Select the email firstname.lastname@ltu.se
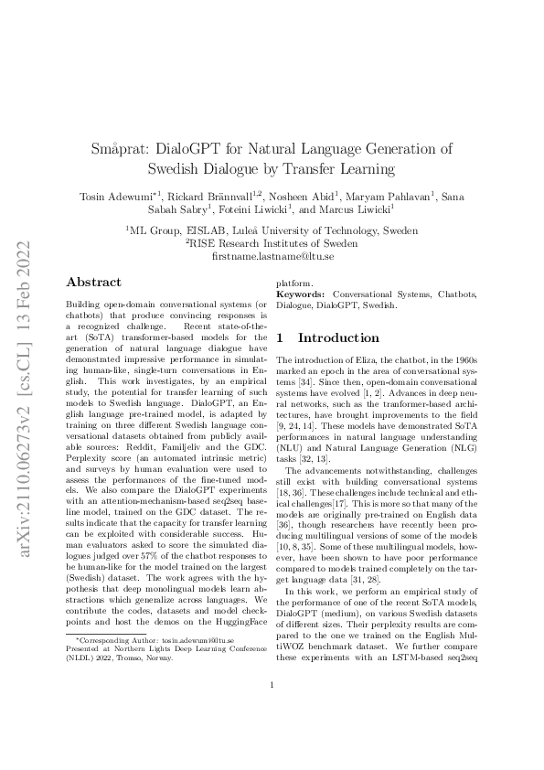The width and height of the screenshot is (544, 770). (272, 257)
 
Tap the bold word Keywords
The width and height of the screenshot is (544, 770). (300, 294)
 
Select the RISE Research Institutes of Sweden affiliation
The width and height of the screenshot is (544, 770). (272, 244)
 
